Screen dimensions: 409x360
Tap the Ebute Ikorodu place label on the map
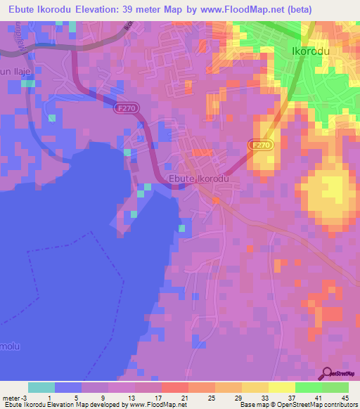pos(200,178)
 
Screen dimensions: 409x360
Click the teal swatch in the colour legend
pos(41,387)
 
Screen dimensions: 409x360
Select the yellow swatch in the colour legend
pos(281,387)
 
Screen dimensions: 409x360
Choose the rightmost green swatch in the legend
pos(335,387)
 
